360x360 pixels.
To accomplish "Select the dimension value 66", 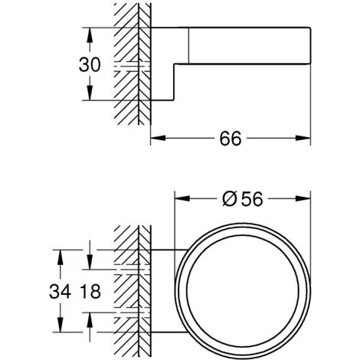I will [x=230, y=139].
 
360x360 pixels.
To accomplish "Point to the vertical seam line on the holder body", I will [x=188, y=44].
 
